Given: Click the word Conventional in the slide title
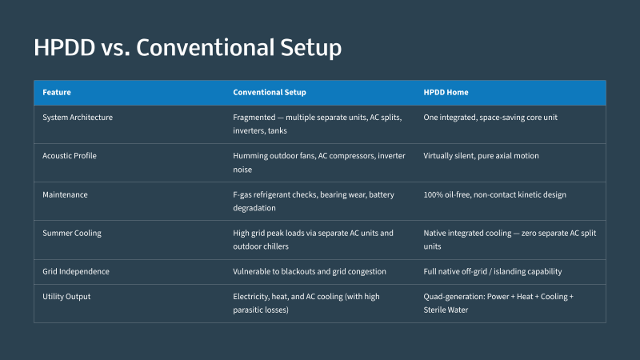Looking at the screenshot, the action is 205,47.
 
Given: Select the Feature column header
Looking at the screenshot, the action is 57,92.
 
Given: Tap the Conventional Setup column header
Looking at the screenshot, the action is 270,92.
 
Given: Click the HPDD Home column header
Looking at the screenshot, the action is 446,92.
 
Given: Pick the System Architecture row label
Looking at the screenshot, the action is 78,117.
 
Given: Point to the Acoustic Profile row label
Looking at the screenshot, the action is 70,155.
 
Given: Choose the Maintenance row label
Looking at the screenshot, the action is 65,194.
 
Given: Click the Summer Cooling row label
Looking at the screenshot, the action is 72,233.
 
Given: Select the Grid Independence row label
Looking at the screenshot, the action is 76,271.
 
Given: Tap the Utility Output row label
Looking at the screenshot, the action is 66,296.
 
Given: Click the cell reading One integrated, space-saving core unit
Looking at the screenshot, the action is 490,117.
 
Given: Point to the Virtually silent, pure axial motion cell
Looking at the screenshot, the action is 481,155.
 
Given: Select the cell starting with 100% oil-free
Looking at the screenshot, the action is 494,194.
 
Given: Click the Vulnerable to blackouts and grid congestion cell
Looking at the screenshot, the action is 310,271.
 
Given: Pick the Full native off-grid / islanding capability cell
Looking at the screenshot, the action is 492,271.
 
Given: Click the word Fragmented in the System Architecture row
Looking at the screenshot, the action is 254,117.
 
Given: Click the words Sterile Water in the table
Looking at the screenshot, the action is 446,310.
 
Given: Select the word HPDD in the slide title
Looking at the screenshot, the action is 65,47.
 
